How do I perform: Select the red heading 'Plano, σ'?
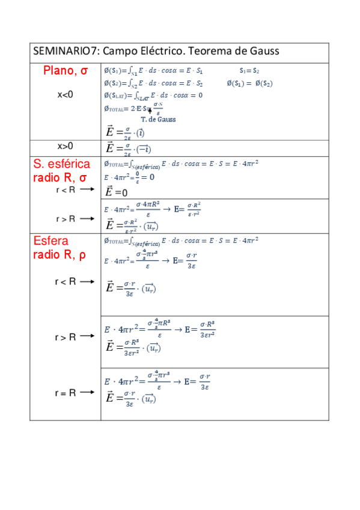(x=66, y=71)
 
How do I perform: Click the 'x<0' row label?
(x=66, y=94)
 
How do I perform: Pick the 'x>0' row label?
(x=66, y=146)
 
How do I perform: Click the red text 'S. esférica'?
(x=61, y=164)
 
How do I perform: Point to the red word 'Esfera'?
(x=52, y=241)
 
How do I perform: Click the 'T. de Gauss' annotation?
(x=158, y=119)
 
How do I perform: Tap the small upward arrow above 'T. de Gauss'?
(x=149, y=111)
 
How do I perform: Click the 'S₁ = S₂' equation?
(x=249, y=71)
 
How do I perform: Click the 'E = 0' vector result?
(x=117, y=192)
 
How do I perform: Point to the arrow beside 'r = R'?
(x=87, y=392)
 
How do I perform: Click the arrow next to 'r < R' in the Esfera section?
(x=87, y=281)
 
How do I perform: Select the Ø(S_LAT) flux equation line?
(x=153, y=95)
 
